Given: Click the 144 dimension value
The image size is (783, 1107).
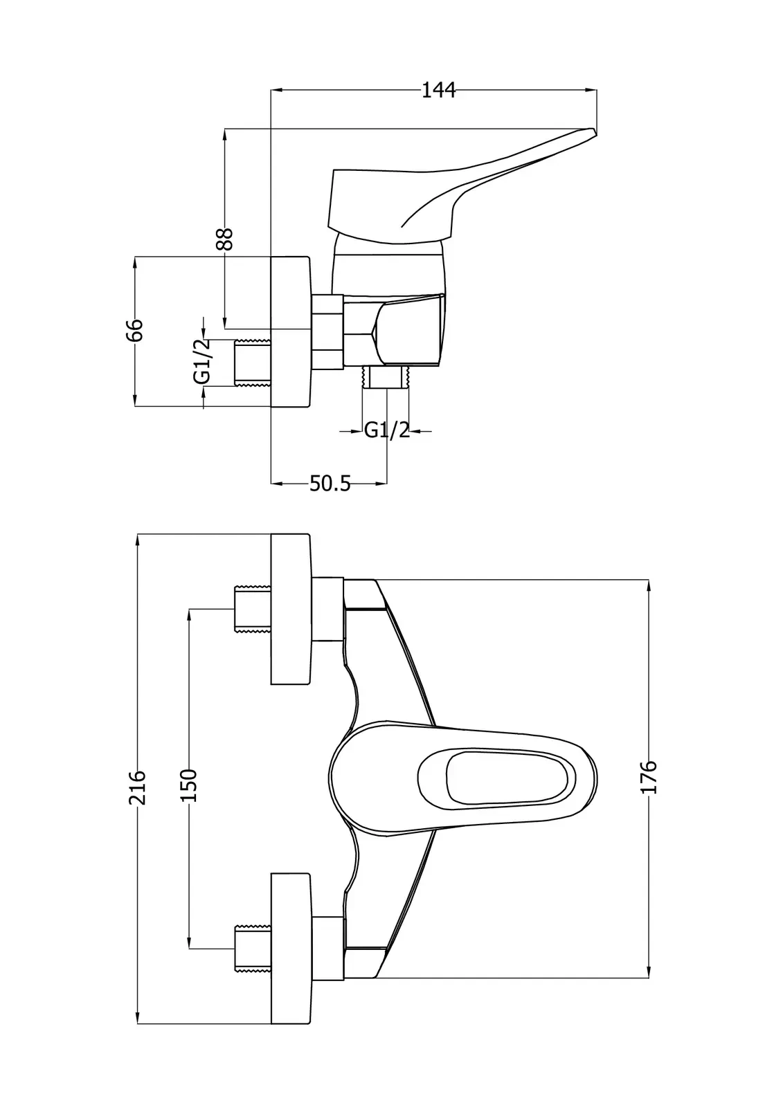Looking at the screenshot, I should pyautogui.click(x=438, y=90).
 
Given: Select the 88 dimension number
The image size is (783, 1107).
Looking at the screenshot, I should pyautogui.click(x=224, y=239).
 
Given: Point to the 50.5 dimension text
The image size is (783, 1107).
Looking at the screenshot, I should pyautogui.click(x=330, y=484).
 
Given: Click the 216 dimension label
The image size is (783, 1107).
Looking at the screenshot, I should pyautogui.click(x=138, y=787).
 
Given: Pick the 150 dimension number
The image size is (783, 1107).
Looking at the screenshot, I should pyautogui.click(x=189, y=785).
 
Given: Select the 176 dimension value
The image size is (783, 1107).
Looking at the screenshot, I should pyautogui.click(x=649, y=776).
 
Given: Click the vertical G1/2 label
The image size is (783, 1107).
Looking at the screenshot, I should pyautogui.click(x=202, y=362).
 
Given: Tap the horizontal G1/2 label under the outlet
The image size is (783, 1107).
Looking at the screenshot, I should pyautogui.click(x=387, y=430).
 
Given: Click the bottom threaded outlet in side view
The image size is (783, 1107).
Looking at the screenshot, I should pyautogui.click(x=386, y=377).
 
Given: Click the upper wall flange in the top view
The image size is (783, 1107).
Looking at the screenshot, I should pyautogui.click(x=291, y=609).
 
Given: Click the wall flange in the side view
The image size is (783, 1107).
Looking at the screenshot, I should pyautogui.click(x=290, y=331).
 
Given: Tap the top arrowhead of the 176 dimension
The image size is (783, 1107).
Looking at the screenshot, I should pyautogui.click(x=649, y=585).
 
